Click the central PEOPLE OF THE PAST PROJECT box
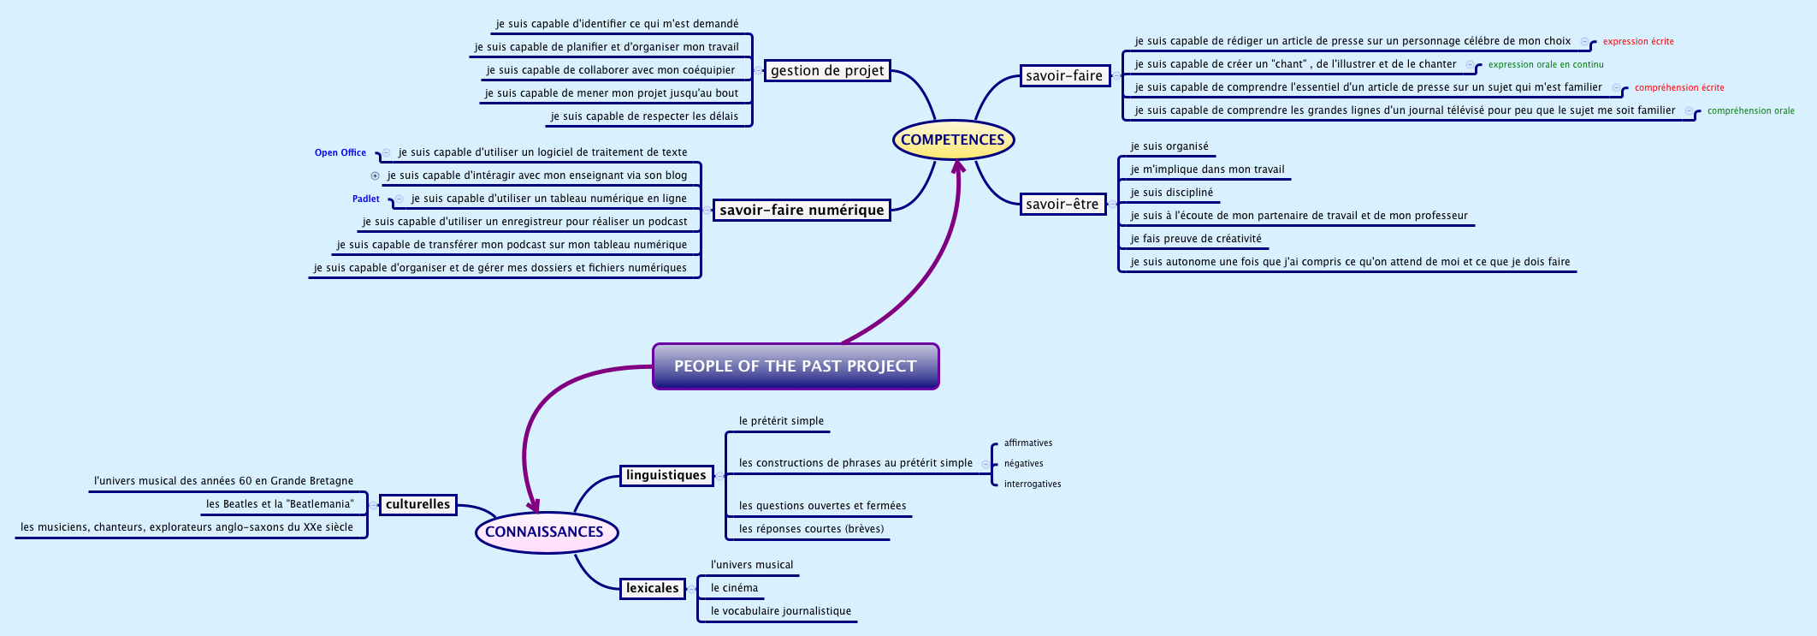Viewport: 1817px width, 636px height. pos(795,366)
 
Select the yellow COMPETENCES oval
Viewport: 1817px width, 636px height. pos(952,140)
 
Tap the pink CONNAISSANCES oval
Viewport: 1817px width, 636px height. pos(545,532)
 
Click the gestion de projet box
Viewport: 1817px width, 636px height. pos(826,71)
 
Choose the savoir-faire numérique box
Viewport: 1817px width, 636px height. pos(802,210)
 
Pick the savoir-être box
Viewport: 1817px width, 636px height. pos(1062,204)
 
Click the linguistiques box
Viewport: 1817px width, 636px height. pos(666,475)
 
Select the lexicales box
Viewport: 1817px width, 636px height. pos(652,588)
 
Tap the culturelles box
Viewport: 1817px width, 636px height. pos(417,504)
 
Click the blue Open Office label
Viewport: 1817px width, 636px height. pos(340,152)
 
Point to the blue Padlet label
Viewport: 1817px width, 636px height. pos(365,199)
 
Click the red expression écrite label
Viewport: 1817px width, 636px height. pos(1637,41)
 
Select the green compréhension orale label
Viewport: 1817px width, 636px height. pos(1750,110)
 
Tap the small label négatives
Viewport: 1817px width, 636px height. pos(1023,463)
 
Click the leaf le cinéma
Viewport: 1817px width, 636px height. pos(734,588)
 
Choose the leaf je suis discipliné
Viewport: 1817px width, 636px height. pos(1171,193)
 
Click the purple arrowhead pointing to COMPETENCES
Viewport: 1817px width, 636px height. pos(958,165)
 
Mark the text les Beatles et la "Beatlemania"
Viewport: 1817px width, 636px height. pos(279,504)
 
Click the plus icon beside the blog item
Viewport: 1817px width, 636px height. pos(375,175)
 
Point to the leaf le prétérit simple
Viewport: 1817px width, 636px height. pos(781,421)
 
